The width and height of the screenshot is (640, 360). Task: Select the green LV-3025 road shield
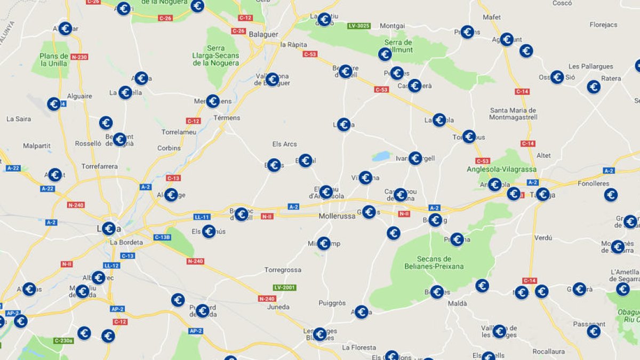(x=359, y=26)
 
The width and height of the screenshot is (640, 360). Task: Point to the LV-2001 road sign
(x=285, y=287)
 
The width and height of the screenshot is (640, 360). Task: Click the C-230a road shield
(x=63, y=340)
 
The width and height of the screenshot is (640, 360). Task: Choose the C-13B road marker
(x=162, y=237)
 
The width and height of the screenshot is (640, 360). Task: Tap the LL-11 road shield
(x=202, y=217)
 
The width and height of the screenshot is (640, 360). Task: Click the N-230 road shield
(x=78, y=57)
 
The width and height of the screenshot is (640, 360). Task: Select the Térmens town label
(x=227, y=118)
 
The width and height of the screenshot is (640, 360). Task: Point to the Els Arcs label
(x=284, y=144)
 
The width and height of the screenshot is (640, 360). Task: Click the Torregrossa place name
(x=283, y=270)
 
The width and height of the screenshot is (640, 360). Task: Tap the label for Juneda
(x=278, y=307)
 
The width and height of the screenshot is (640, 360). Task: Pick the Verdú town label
(x=543, y=237)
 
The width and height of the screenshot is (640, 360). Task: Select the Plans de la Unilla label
(x=54, y=60)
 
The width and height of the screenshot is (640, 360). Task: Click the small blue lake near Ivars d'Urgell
(x=381, y=156)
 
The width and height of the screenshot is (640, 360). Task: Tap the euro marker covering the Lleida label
(x=108, y=229)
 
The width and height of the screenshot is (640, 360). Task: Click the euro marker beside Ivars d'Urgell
(x=415, y=158)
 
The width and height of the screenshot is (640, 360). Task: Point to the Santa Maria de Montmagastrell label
(x=513, y=114)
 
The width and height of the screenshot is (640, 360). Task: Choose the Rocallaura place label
(x=548, y=351)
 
